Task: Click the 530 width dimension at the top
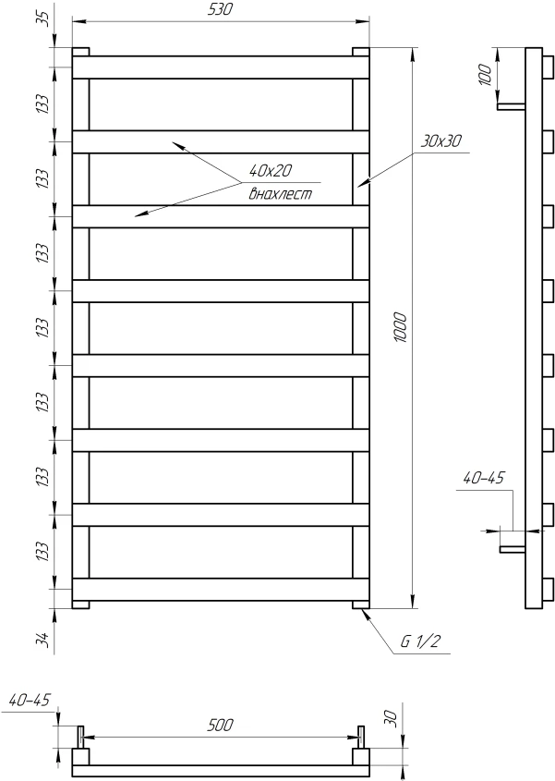point(220,9)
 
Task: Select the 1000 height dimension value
point(400,327)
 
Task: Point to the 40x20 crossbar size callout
point(271,171)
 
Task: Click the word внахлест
point(281,193)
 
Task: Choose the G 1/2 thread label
point(421,641)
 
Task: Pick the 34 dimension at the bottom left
point(45,639)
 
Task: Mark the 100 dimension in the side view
point(486,75)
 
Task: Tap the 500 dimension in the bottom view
point(220,725)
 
